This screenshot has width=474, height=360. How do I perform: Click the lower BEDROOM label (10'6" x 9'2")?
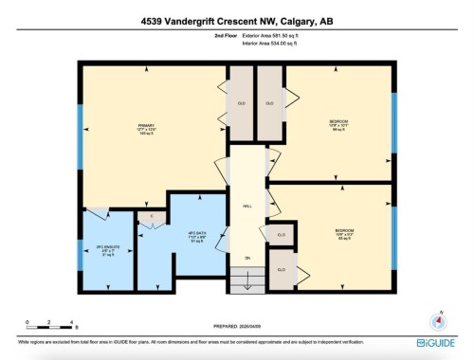click(343, 232)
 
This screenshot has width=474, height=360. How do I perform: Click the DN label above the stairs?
click(248, 260)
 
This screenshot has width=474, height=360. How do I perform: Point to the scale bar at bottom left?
click(51, 325)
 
